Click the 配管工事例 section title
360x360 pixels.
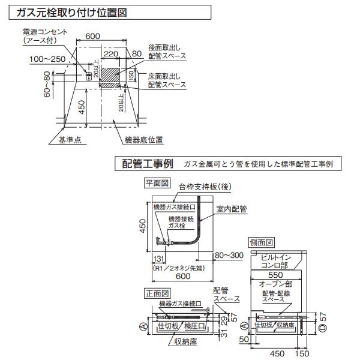[x=147, y=163]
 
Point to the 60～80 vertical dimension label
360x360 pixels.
[x=47, y=85]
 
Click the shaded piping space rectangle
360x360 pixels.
[x=110, y=77]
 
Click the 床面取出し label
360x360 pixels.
[x=167, y=78]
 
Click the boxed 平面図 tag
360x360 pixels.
[x=158, y=182]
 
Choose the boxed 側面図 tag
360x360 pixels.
[x=261, y=242]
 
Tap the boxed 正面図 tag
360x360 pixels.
[x=158, y=293]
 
